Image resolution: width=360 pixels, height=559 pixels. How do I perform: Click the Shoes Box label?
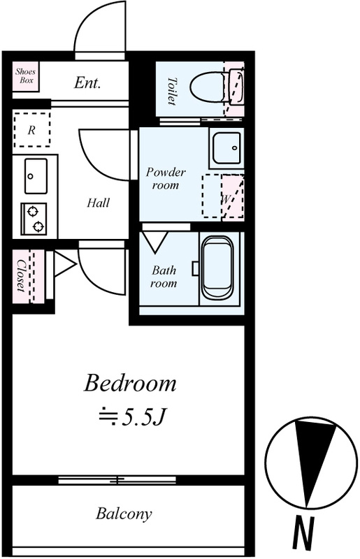pyautogui.click(x=25, y=76)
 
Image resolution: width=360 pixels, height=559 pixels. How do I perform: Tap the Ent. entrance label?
pyautogui.click(x=87, y=83)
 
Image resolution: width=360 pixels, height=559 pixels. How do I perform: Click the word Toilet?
pyautogui.click(x=172, y=92)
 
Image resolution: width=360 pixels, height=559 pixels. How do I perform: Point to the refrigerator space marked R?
pyautogui.click(x=31, y=130)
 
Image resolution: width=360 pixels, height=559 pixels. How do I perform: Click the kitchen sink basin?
pyautogui.click(x=36, y=177)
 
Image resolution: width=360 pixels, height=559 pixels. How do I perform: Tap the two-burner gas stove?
pyautogui.click(x=34, y=219)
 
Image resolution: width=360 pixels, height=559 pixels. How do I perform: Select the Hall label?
pyautogui.click(x=98, y=203)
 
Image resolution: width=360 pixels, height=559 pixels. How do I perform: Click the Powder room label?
pyautogui.click(x=166, y=179)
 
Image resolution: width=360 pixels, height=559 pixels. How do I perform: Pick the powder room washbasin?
pyautogui.click(x=226, y=148)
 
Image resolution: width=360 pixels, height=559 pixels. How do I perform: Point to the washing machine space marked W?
pyautogui.click(x=223, y=196)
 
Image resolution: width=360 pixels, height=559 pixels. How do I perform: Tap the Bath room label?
pyautogui.click(x=164, y=277)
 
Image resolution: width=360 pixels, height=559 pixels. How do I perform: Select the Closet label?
pyautogui.click(x=21, y=276)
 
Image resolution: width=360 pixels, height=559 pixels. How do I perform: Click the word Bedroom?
pyautogui.click(x=130, y=384)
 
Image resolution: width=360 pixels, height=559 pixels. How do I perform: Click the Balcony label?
pyautogui.click(x=124, y=514)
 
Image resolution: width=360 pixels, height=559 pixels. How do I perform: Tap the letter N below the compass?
pyautogui.click(x=303, y=534)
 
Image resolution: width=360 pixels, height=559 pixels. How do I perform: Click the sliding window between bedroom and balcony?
pyautogui.click(x=117, y=480)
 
